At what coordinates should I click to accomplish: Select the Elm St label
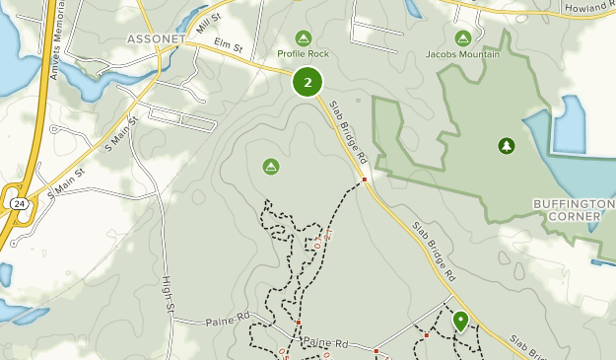click(x=228, y=45)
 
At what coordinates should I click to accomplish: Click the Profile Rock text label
click(x=303, y=53)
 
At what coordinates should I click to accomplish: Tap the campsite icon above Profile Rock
click(x=303, y=37)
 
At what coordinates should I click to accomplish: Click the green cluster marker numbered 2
click(x=308, y=82)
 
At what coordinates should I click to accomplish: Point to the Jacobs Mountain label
click(x=463, y=53)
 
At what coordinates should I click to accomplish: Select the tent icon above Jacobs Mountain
click(x=463, y=37)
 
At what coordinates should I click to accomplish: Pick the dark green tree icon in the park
click(x=507, y=146)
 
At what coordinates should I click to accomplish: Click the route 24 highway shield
click(x=19, y=202)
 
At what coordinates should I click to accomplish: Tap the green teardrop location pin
click(x=460, y=321)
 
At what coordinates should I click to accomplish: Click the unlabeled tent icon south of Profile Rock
click(x=271, y=167)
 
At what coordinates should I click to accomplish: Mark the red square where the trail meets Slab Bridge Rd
click(x=364, y=180)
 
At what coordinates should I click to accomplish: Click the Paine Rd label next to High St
click(x=225, y=321)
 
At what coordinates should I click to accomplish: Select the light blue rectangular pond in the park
click(x=570, y=123)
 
